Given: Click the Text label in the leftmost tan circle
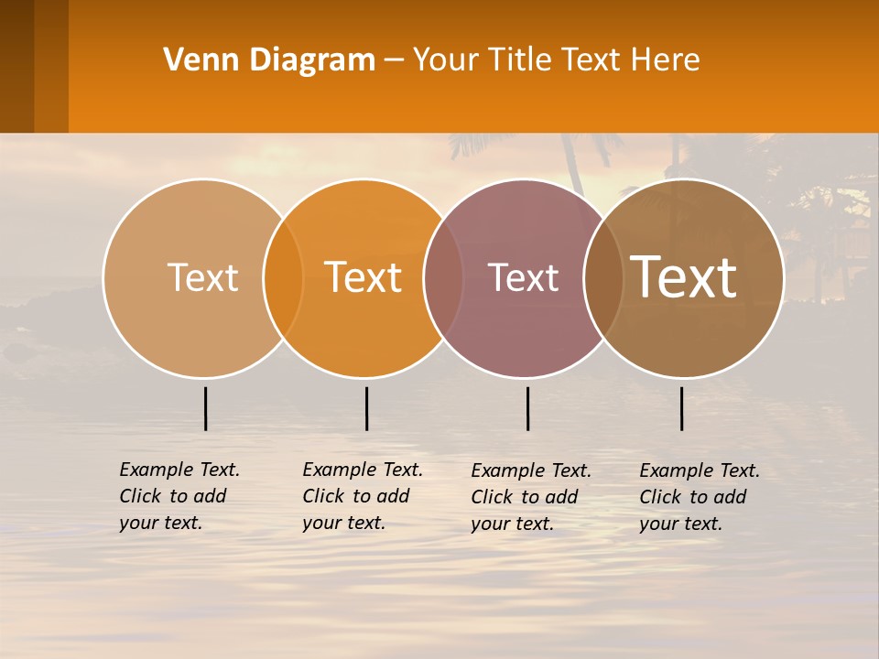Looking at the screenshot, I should [x=202, y=277].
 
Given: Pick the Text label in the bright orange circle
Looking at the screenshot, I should [x=364, y=277].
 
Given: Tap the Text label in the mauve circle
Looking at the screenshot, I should [x=524, y=277].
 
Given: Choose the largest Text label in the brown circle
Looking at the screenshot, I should [x=684, y=276].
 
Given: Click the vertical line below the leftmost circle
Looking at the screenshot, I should [x=205, y=408].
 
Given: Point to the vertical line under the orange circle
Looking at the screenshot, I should [x=366, y=408].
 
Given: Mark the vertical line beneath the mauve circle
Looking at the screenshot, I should [x=527, y=408].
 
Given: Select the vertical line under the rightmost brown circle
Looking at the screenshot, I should [x=681, y=408].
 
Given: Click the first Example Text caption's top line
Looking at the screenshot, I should [x=179, y=470].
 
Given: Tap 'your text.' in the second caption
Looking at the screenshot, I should [x=343, y=524].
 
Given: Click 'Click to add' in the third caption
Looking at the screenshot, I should [x=525, y=497].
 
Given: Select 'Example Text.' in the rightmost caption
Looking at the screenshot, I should [x=700, y=470].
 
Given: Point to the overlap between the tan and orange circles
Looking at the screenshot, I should [x=283, y=277].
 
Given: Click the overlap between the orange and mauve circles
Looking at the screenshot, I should [x=443, y=277].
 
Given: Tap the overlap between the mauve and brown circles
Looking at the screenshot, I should [x=603, y=277].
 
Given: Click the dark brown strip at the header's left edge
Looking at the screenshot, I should [x=16, y=66].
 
